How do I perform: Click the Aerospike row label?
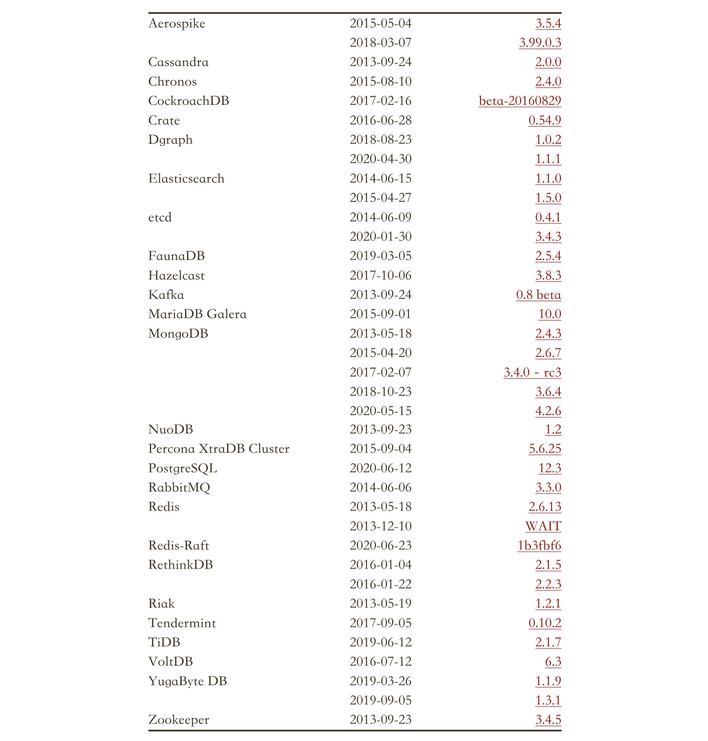[177, 23]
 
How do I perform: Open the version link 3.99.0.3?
[540, 43]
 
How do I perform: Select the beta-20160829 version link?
[520, 101]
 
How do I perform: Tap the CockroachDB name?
[188, 101]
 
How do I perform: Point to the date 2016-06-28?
[380, 120]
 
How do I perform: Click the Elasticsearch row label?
[186, 178]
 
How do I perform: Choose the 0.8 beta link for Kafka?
[538, 295]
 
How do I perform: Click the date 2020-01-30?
[380, 237]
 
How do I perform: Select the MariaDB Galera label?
[197, 314]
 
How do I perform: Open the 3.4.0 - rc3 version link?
[532, 372]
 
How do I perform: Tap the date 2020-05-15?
[380, 411]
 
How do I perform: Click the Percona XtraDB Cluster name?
[219, 449]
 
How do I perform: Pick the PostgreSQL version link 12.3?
[549, 468]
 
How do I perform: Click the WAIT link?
[543, 526]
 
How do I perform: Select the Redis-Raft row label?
[178, 546]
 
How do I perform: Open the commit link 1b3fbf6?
[539, 546]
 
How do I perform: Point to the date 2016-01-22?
[380, 584]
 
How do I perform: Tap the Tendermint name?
[182, 623]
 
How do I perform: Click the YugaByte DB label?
[188, 681]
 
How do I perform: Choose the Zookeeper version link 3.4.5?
[548, 720]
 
